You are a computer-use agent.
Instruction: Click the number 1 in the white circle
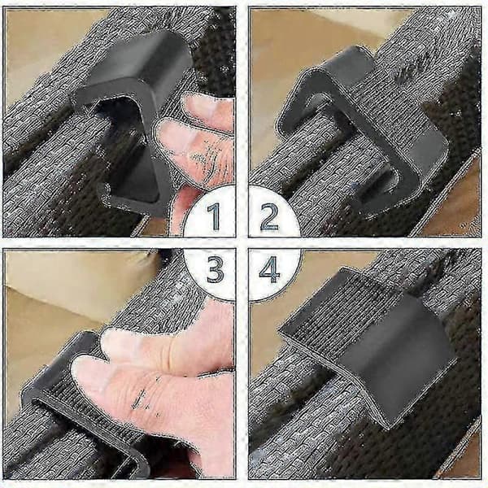pyautogui.click(x=215, y=216)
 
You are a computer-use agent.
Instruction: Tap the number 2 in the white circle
pyautogui.click(x=269, y=216)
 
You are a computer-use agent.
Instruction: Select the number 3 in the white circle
pyautogui.click(x=215, y=269)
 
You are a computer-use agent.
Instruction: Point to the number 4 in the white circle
pyautogui.click(x=269, y=269)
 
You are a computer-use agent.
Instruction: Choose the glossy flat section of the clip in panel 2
pyautogui.click(x=426, y=150)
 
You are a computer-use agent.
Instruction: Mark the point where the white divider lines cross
pyautogui.click(x=242, y=243)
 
